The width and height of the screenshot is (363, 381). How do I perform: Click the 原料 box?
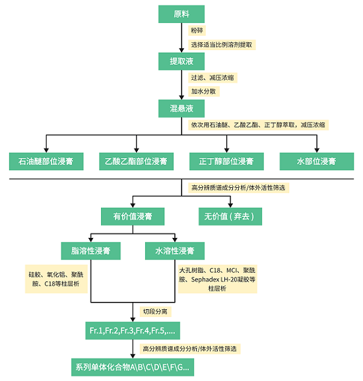point(181,14)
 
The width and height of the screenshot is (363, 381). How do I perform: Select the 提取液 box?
point(181,61)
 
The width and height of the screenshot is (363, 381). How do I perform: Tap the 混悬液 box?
point(181,108)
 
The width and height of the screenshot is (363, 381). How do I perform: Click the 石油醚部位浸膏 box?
point(46,161)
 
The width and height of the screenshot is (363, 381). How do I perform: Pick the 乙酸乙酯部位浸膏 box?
point(136,161)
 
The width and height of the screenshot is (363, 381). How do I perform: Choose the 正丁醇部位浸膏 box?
point(226,161)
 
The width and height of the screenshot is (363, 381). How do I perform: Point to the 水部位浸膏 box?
point(317,161)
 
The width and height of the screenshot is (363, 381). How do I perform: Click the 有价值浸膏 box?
point(133,216)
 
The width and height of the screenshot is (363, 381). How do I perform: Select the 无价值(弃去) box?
point(230,216)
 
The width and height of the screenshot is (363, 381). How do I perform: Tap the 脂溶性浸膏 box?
point(91,250)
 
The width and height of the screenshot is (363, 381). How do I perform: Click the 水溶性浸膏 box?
point(175,250)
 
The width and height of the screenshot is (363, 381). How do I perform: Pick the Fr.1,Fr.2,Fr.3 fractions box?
point(133,331)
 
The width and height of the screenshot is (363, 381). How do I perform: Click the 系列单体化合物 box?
point(133,367)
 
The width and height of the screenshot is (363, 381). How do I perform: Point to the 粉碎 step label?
point(197,30)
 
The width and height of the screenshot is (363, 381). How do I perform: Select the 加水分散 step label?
point(204,92)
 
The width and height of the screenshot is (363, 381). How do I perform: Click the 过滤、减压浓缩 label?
point(213,78)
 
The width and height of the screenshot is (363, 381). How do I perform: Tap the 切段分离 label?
point(155,312)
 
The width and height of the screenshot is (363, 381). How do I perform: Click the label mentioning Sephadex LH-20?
point(217,279)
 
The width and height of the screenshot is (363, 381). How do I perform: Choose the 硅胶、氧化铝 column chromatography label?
point(56,279)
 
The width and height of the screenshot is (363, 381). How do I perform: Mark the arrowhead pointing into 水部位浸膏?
point(317,150)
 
